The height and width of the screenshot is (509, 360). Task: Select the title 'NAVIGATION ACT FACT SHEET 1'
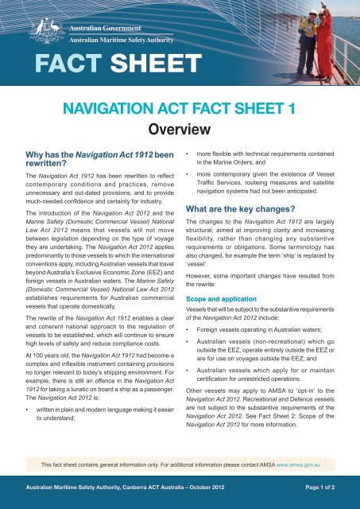click(x=180, y=105)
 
